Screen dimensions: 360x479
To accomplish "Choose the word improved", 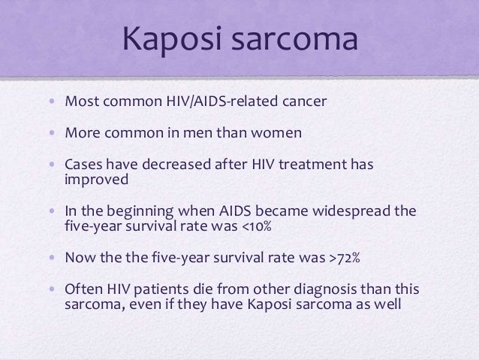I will pos(97,180).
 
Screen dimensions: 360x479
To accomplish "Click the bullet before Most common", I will pos(53,101).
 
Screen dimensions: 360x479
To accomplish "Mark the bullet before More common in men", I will pos(53,134).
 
